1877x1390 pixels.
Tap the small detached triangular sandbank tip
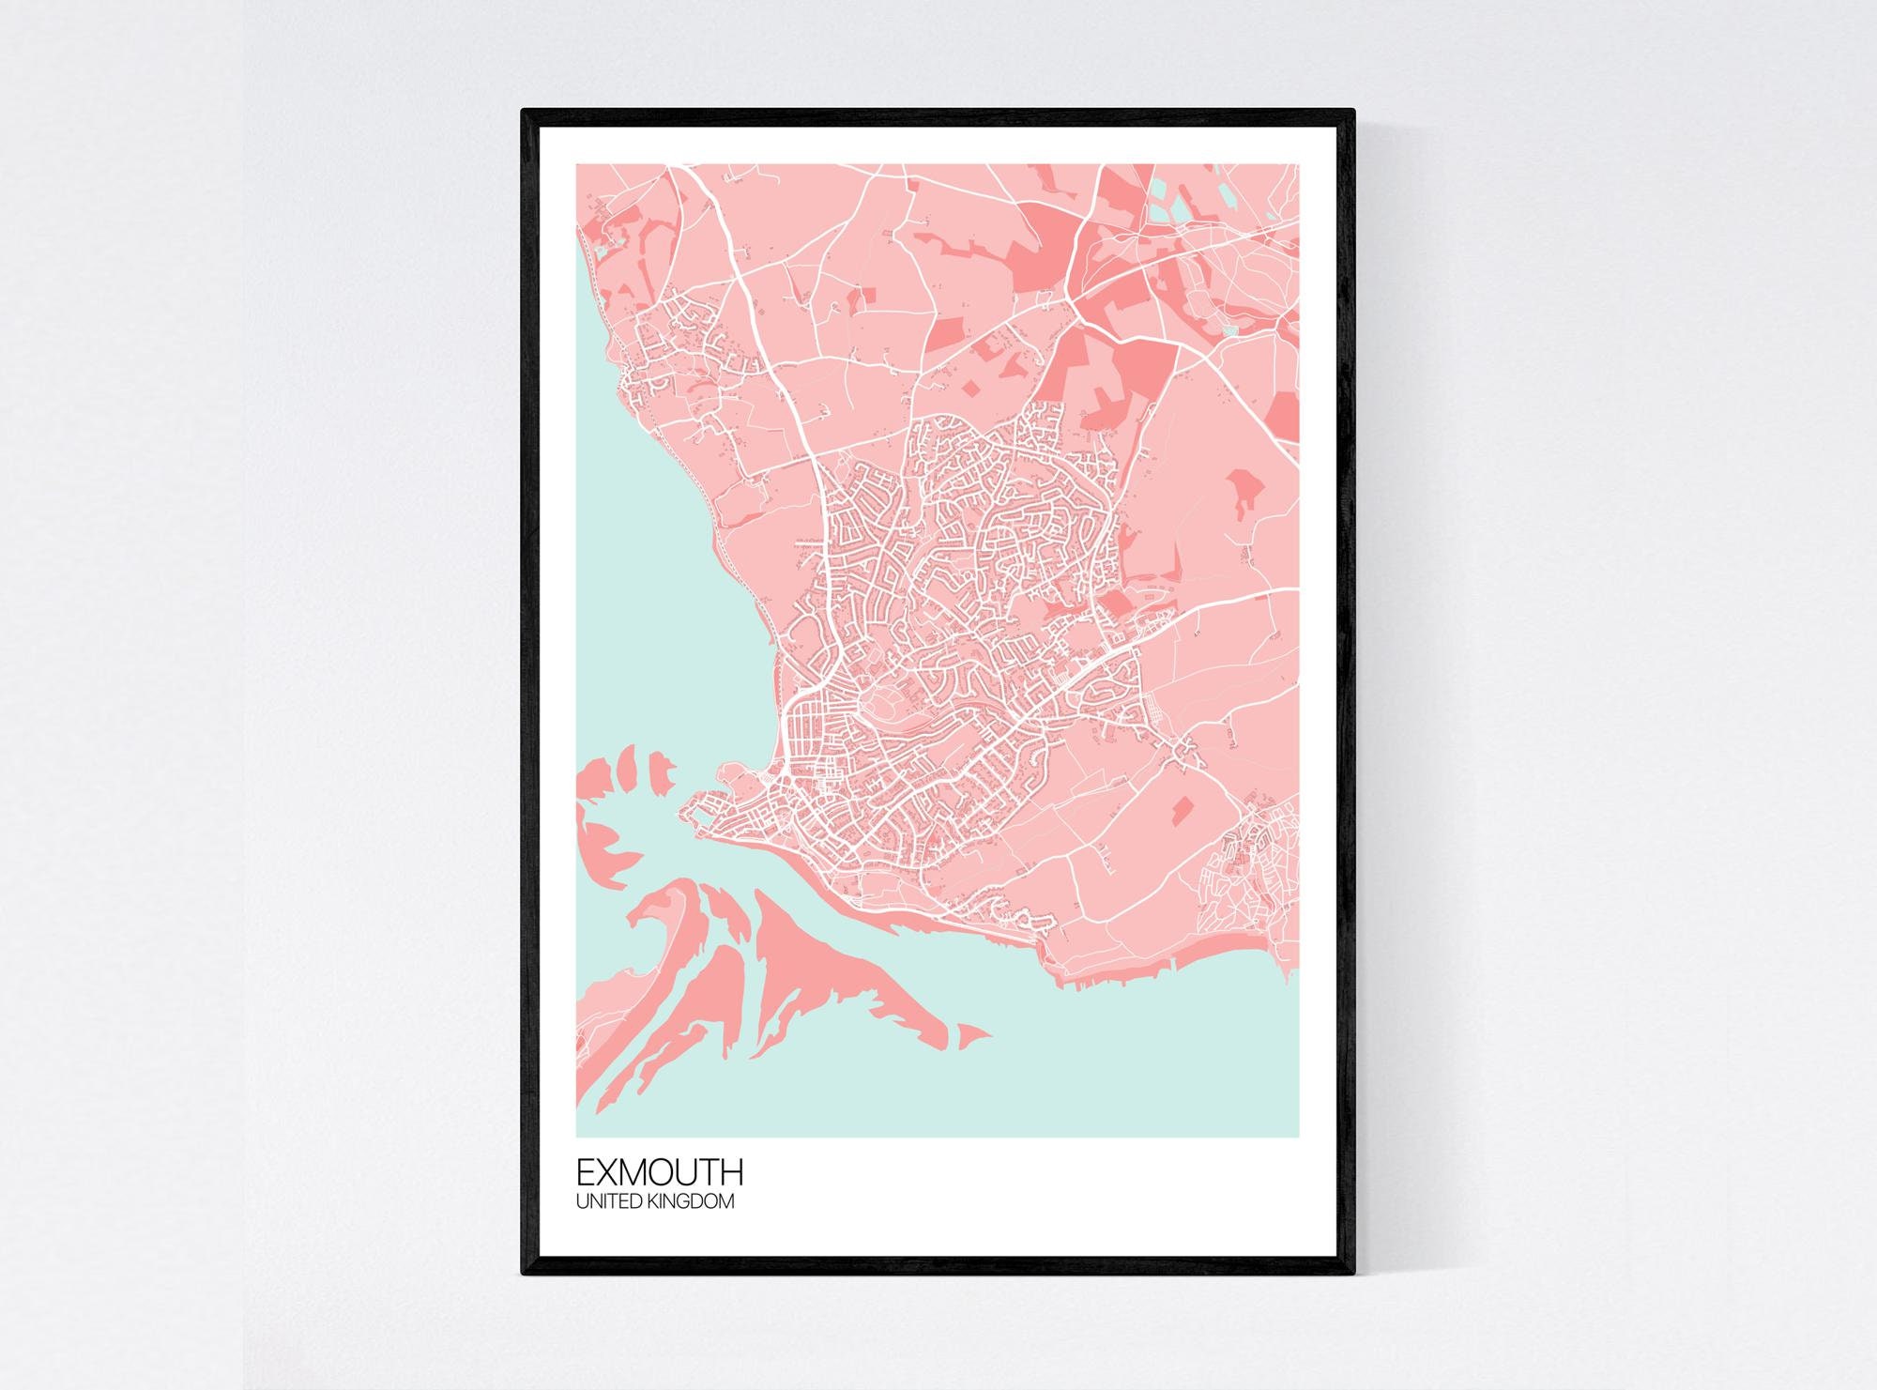973,1035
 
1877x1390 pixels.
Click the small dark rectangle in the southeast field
1181,804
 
